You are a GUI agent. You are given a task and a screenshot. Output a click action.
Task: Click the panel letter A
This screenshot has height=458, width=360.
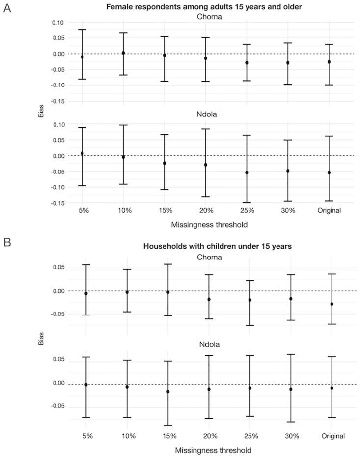7,9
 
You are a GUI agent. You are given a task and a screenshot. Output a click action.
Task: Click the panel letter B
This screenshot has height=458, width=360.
7,242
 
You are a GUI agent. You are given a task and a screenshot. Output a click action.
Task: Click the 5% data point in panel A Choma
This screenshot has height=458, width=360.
83,57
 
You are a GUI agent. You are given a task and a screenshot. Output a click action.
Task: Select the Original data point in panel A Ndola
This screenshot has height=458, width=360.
329,172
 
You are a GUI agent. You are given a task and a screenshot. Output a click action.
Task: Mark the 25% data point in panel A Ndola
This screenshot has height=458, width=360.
247,172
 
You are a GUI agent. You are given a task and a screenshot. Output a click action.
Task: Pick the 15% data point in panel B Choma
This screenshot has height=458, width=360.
168,292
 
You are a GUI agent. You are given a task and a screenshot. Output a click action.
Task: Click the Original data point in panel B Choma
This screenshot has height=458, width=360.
332,304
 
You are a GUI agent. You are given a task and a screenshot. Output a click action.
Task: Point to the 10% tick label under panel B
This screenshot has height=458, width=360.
127,436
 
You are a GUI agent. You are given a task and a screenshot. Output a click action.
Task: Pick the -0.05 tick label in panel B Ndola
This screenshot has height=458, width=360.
59,406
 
